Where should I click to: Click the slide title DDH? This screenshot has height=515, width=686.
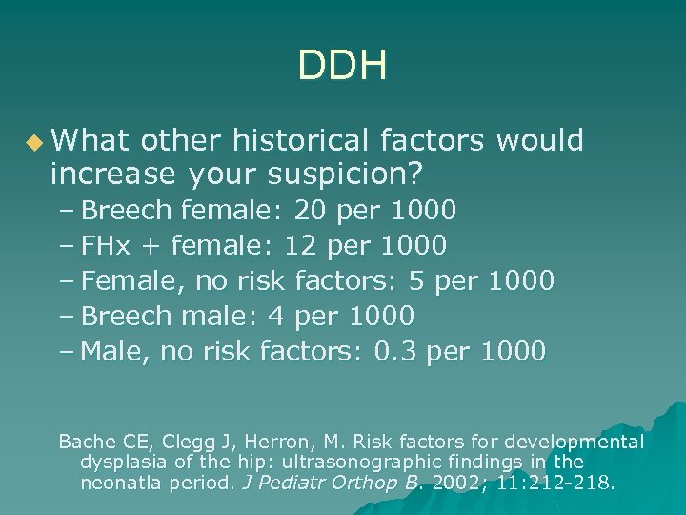342,67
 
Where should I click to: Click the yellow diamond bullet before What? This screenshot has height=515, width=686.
35,143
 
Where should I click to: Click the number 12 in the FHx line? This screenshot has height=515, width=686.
299,245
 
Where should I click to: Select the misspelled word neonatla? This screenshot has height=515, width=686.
118,483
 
